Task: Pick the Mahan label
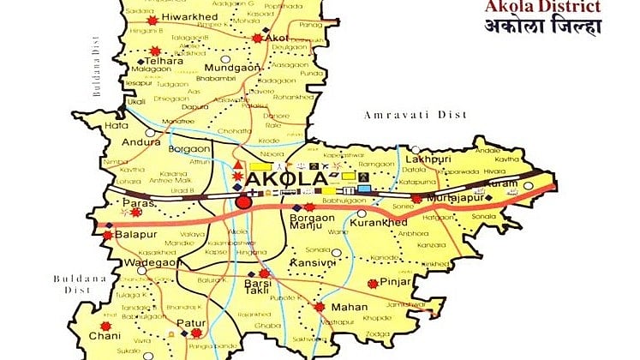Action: pyautogui.click(x=351, y=307)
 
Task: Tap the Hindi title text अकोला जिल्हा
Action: pyautogui.click(x=557, y=28)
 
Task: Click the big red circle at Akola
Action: pyautogui.click(x=244, y=202)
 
